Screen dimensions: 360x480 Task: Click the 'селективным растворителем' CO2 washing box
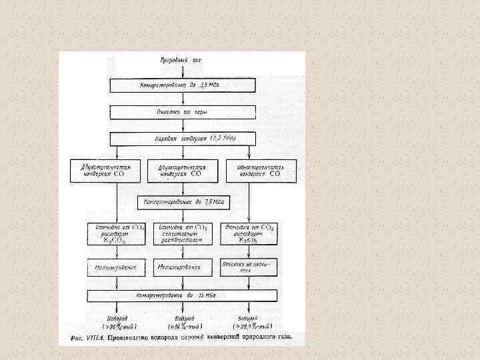tap(183, 235)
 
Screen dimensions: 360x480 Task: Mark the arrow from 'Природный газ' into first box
tap(181, 71)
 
